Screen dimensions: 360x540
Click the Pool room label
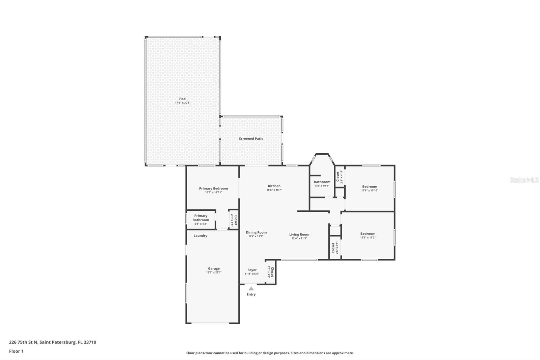coord(183,99)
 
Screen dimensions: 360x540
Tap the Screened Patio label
coord(251,139)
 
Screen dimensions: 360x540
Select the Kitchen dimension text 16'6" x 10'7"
coord(274,190)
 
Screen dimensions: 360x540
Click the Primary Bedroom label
coord(213,188)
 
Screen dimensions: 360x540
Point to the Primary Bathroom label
coord(201,218)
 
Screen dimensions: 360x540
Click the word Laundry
coord(200,236)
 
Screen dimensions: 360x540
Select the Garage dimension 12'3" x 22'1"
coord(214,273)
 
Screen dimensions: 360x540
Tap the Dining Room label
coord(256,232)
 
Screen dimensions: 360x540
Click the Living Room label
coord(299,234)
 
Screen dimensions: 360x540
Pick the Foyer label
coord(252,270)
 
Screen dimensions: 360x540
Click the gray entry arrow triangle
coord(251,289)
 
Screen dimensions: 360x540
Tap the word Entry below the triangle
coord(251,294)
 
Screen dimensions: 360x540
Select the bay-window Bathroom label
coord(322,182)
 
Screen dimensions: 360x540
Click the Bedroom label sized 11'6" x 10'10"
coord(370,186)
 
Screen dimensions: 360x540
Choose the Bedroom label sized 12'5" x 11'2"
coord(368,234)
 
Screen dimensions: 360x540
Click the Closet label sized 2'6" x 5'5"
coord(333,248)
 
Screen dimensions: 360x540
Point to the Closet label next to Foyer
coord(272,272)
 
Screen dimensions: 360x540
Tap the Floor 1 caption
coord(16,351)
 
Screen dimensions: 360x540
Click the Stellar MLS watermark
coord(524,180)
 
